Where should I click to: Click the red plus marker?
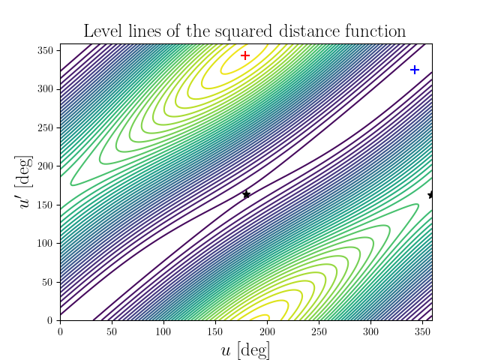tap(245, 55)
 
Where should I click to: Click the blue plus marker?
tap(415, 70)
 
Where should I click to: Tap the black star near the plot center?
tap(247, 195)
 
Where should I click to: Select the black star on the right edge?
tap(431, 195)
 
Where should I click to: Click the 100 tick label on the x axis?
tap(163, 331)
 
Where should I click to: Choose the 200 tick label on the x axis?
tap(268, 331)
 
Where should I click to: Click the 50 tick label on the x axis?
tap(112, 331)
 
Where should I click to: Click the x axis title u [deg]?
tap(245, 349)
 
